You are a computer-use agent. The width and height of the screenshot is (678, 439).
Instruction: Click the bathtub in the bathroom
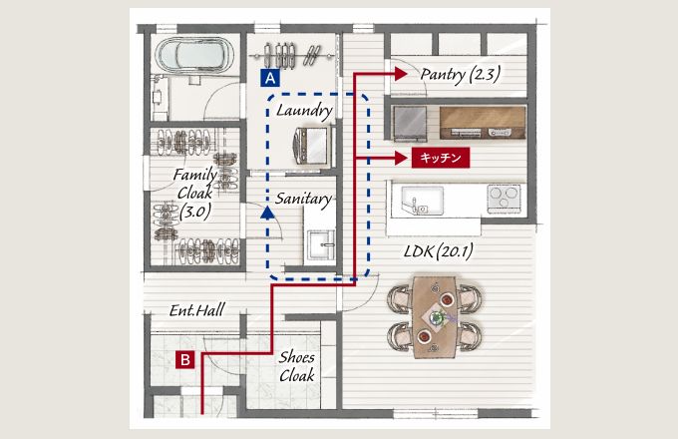193,55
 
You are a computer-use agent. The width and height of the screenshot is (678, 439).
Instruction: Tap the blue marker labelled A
269,75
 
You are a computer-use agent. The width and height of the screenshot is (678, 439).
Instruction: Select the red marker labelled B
185,359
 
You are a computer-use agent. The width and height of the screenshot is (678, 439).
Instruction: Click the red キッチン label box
439,158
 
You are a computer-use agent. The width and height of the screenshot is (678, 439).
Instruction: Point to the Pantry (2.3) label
460,73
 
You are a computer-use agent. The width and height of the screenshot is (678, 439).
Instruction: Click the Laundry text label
305,109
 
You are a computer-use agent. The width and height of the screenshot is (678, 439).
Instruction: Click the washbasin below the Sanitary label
320,244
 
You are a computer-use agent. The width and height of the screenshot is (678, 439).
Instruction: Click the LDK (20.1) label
439,251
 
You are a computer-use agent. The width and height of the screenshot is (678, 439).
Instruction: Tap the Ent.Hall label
195,310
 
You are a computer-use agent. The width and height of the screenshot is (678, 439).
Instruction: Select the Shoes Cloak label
297,367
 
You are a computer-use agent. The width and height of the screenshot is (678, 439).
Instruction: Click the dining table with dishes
437,315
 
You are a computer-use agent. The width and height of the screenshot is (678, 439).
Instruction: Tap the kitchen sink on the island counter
419,200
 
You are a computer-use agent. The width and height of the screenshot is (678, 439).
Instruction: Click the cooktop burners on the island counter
502,195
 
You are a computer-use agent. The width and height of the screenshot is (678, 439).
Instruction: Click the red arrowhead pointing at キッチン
401,158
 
